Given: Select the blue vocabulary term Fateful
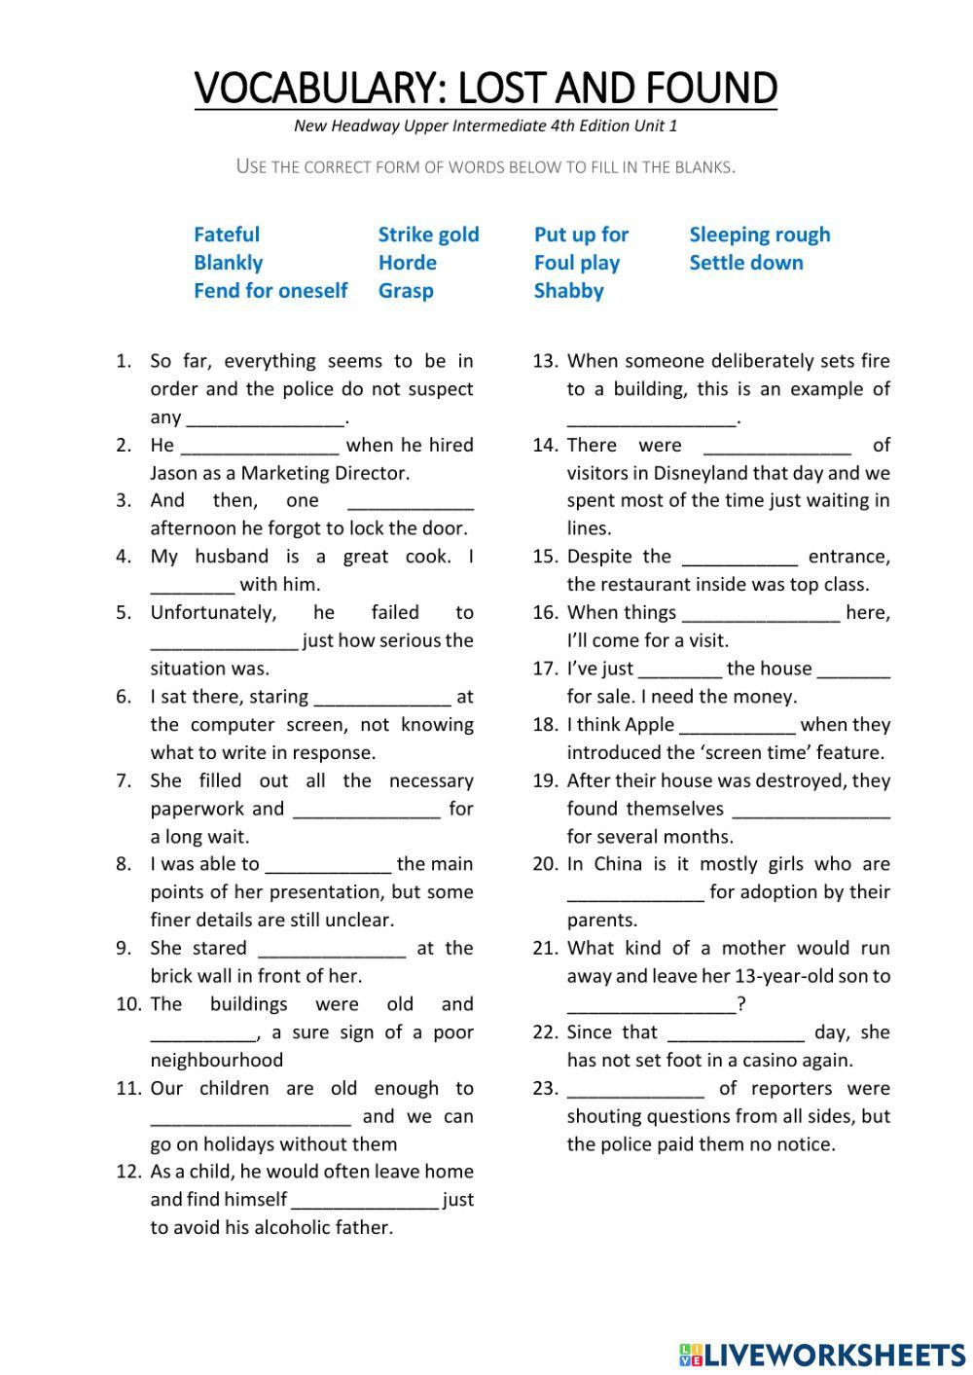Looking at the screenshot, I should [x=227, y=235].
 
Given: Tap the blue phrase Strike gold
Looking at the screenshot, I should [x=428, y=235].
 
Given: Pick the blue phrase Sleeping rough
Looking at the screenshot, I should [x=759, y=235].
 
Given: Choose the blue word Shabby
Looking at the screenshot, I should [x=568, y=291].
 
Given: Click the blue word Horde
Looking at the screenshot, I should [x=407, y=263].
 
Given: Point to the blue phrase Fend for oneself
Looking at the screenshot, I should [x=270, y=291].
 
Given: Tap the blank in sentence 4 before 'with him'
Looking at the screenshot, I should [x=192, y=587].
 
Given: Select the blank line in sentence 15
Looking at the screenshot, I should [x=739, y=559].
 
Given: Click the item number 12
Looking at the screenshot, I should [x=128, y=1172].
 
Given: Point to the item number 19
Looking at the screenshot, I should [x=545, y=780].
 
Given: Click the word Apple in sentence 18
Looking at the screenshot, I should [x=649, y=725].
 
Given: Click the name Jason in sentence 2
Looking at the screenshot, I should [x=173, y=474].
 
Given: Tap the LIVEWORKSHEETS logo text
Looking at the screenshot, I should [x=833, y=1355].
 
